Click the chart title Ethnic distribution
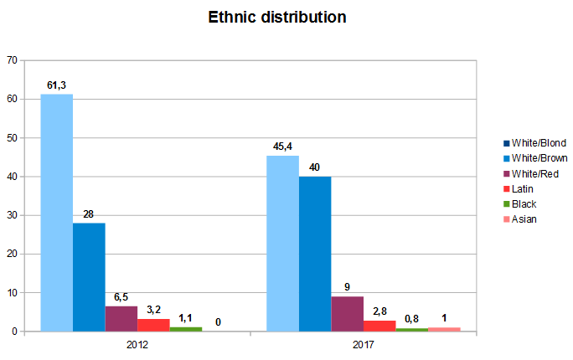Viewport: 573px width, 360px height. [277, 17]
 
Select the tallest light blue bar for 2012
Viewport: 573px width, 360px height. [57, 213]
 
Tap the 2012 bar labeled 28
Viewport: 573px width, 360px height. [89, 277]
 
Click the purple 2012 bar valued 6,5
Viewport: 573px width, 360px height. [121, 319]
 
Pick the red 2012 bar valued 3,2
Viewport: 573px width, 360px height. [153, 325]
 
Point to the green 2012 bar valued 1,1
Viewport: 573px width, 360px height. [186, 329]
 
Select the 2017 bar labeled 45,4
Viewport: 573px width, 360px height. [282, 244]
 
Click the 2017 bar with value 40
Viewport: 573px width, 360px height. [314, 254]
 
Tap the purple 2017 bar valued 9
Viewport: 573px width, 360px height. [347, 314]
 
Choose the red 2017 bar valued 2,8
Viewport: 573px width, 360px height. [379, 326]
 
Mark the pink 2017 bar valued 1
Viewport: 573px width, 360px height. [443, 329]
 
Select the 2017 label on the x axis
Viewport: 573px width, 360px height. [363, 345]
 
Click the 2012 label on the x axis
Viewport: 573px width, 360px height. [137, 345]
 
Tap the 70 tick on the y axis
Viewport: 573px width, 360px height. [12, 60]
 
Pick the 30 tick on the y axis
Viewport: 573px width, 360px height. [12, 215]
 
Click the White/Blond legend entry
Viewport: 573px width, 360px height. [534, 143]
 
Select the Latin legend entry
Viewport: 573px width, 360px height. [521, 189]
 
